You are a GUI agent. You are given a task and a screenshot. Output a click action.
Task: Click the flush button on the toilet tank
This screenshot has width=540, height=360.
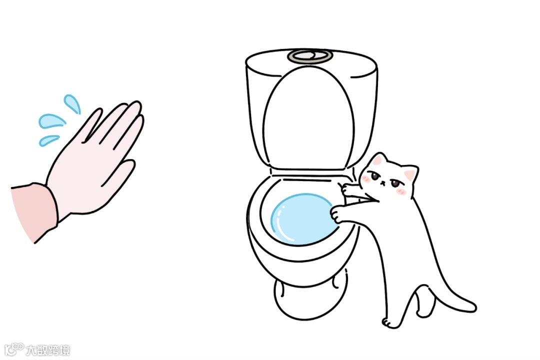click(x=310, y=56)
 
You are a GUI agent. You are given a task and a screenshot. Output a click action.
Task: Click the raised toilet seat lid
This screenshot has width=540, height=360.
click(x=308, y=117)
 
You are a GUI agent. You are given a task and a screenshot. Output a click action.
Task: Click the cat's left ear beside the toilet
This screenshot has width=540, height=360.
click(x=377, y=160)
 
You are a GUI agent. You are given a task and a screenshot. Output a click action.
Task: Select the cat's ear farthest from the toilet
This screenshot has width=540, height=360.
click(x=410, y=174)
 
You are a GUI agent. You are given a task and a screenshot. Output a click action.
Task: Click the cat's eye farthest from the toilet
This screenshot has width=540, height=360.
click(x=395, y=183)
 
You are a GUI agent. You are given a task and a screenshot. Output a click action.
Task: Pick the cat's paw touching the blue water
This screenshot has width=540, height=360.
click(x=338, y=214)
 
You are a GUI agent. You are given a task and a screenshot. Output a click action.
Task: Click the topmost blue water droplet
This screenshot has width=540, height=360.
click(x=72, y=103)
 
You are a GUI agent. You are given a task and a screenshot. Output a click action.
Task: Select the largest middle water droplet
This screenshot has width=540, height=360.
click(x=51, y=121)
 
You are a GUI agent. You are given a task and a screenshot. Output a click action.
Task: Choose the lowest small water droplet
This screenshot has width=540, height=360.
click(x=48, y=140)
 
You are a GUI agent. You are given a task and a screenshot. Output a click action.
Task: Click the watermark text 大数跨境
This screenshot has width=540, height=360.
click(x=48, y=350)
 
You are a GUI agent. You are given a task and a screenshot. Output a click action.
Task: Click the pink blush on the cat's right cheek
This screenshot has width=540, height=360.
click(x=401, y=191)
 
